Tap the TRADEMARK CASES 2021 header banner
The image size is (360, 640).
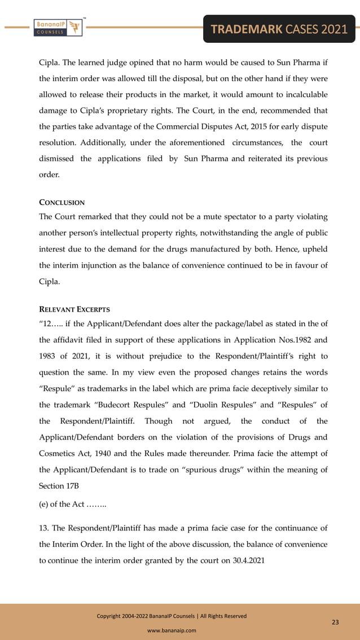click(279, 29)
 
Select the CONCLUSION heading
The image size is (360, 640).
click(62, 202)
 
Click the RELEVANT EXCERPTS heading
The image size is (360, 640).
click(74, 309)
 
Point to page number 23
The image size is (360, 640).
click(335, 622)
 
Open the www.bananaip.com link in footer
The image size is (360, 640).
click(172, 630)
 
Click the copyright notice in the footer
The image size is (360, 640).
click(172, 616)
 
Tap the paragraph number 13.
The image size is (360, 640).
click(43, 528)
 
